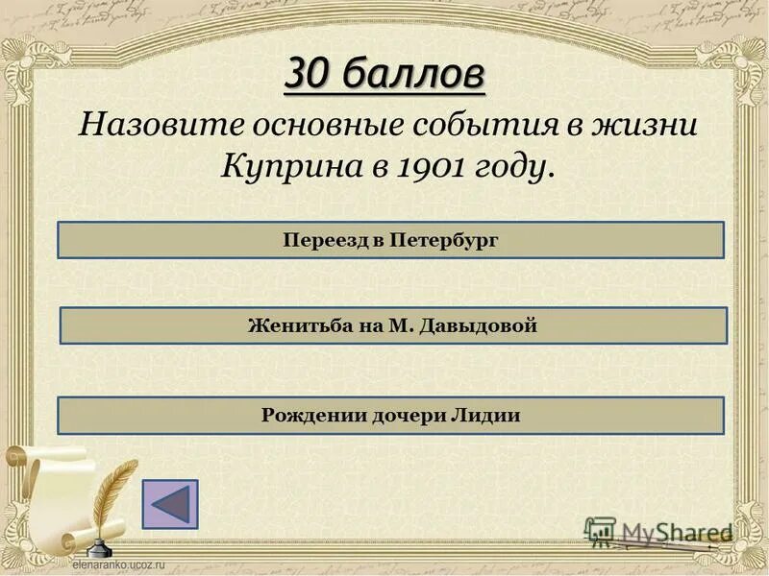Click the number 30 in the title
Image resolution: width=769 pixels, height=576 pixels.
309,74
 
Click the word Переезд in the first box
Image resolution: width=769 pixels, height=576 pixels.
325,240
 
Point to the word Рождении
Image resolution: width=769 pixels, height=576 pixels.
308,416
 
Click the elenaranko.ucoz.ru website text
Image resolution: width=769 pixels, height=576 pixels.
115,567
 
